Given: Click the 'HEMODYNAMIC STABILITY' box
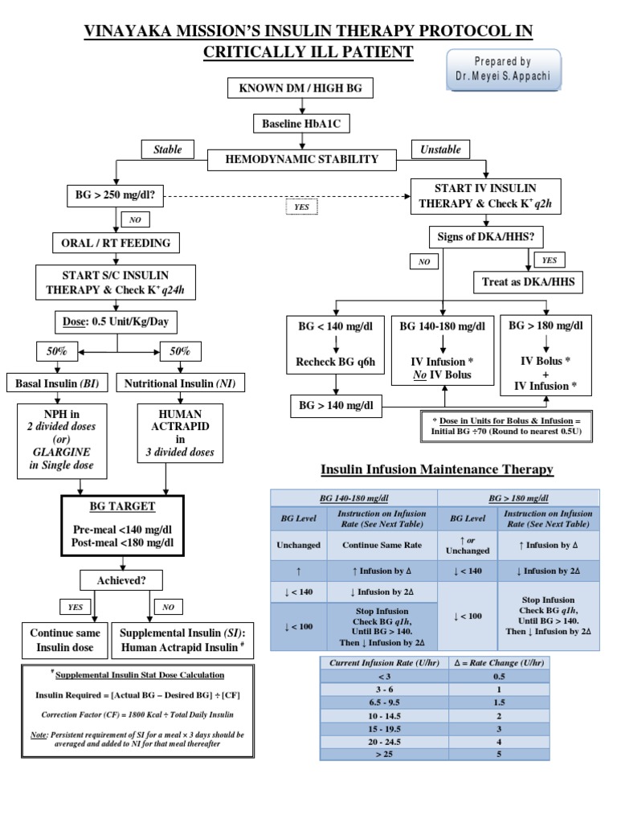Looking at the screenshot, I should [x=301, y=159].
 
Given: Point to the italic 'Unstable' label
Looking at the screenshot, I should [x=441, y=149].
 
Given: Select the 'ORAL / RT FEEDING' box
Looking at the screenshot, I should [x=116, y=242].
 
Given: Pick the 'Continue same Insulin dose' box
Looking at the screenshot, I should [x=62, y=640].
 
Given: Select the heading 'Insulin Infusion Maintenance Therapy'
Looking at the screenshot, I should [x=437, y=469].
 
